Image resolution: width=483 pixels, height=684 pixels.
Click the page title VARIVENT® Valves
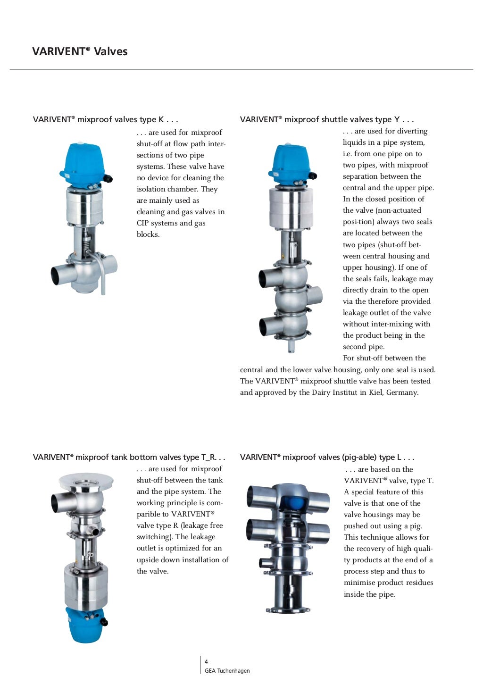(80, 51)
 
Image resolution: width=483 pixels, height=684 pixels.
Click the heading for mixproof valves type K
(105, 119)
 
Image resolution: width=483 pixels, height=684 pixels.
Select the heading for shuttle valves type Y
(327, 119)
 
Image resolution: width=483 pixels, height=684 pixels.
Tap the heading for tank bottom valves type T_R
(129, 457)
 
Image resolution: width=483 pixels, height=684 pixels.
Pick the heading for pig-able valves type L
(327, 457)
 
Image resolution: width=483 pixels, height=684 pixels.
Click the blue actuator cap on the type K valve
(83, 163)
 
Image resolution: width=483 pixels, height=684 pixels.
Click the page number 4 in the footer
(206, 662)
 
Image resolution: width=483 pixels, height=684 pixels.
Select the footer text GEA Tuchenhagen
(227, 671)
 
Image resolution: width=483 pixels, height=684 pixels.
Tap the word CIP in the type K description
(143, 223)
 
